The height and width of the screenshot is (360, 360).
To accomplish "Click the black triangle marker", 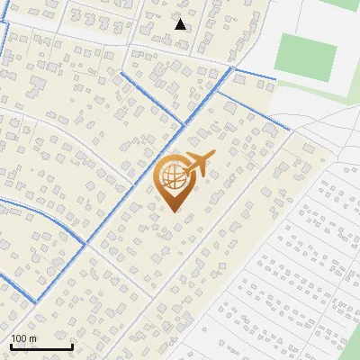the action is pyautogui.click(x=181, y=24).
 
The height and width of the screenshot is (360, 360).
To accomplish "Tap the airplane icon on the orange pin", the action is pyautogui.click(x=198, y=164).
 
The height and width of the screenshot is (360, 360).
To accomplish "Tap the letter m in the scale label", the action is pyautogui.click(x=33, y=338).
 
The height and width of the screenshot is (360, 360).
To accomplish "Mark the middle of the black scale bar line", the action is pyautogui.click(x=41, y=346).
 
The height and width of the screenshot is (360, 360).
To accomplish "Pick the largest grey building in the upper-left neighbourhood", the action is pyautogui.click(x=39, y=87).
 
